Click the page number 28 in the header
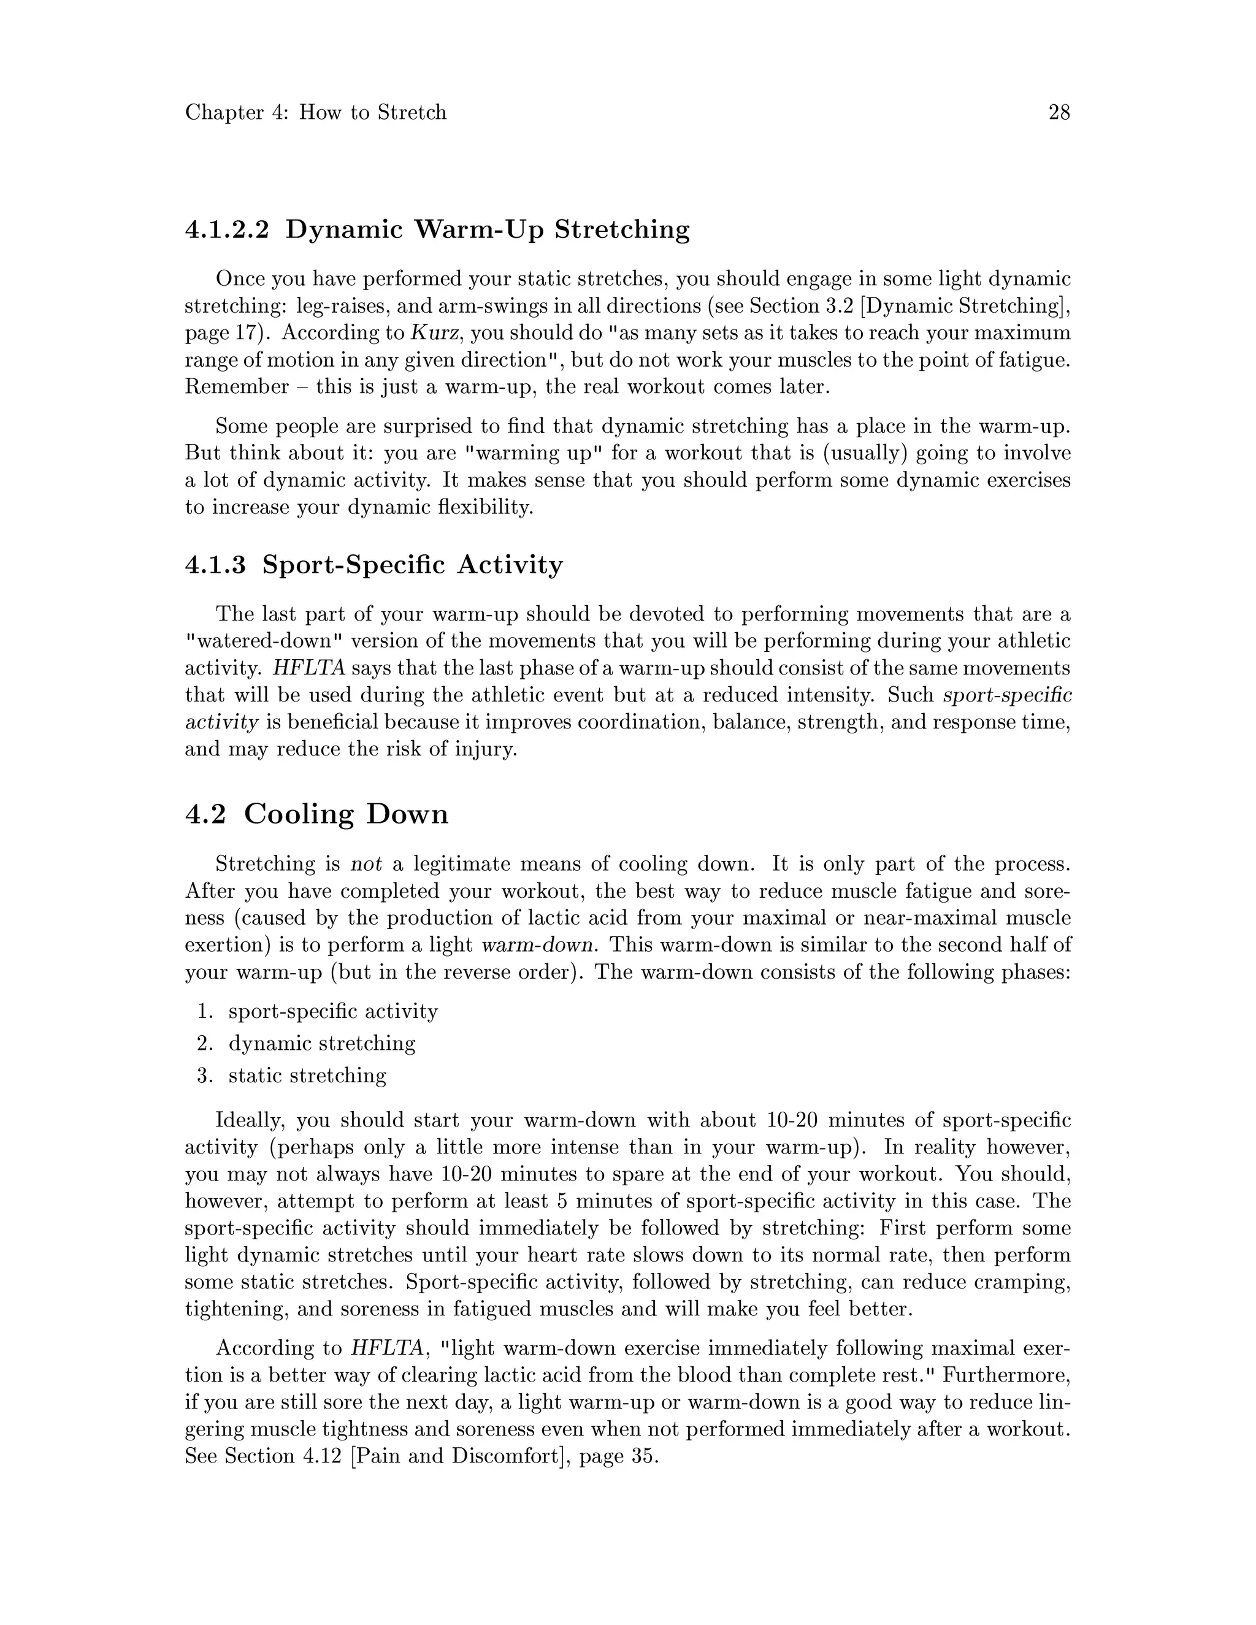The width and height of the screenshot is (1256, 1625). pos(1059,113)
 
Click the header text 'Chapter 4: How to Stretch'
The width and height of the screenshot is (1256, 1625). pos(315,113)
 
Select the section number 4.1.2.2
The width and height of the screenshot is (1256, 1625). pos(226,229)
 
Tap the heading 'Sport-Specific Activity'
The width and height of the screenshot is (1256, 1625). pos(413,565)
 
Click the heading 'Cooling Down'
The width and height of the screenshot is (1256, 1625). pos(346,814)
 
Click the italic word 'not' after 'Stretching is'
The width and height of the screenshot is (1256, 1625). pos(366,865)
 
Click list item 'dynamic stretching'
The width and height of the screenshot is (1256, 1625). pos(321,1043)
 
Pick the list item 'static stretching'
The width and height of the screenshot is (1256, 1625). pos(307,1076)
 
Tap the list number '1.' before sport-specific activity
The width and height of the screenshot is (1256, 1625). pos(205,1011)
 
